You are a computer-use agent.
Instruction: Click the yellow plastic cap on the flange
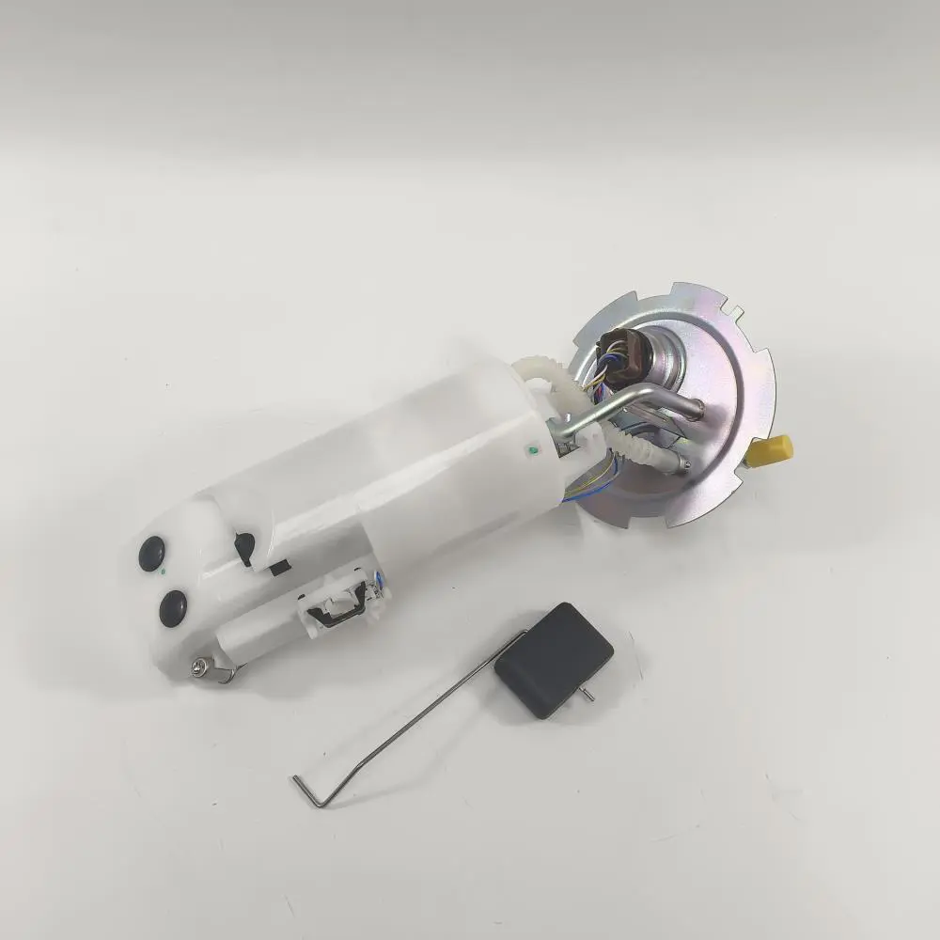[771, 450]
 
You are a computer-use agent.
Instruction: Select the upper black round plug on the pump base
[151, 554]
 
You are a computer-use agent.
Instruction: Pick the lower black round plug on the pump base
[173, 607]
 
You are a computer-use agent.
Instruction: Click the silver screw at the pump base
[198, 666]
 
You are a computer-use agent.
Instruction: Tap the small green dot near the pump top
[533, 451]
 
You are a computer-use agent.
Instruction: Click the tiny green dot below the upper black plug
[165, 571]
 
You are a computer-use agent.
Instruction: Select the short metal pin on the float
[586, 695]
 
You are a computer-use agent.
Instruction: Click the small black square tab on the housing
[279, 568]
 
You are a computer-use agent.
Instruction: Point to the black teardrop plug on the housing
[245, 545]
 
